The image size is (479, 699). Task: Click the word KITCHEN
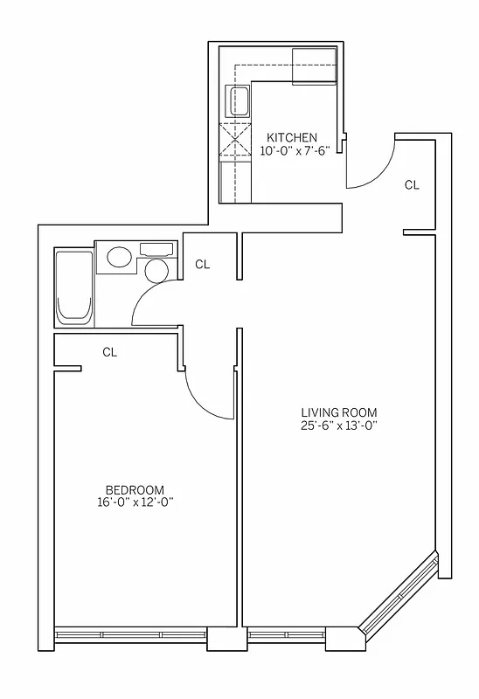292,137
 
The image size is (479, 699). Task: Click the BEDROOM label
135,490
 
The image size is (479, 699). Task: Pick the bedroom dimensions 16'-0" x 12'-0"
135,502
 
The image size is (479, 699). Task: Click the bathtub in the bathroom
72,287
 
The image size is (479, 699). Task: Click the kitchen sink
237,101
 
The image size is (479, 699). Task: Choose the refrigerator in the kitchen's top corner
314,66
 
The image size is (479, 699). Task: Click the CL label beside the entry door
412,185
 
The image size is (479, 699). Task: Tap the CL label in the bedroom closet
109,352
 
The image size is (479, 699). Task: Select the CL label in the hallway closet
202,264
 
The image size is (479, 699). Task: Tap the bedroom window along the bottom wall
131,634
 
